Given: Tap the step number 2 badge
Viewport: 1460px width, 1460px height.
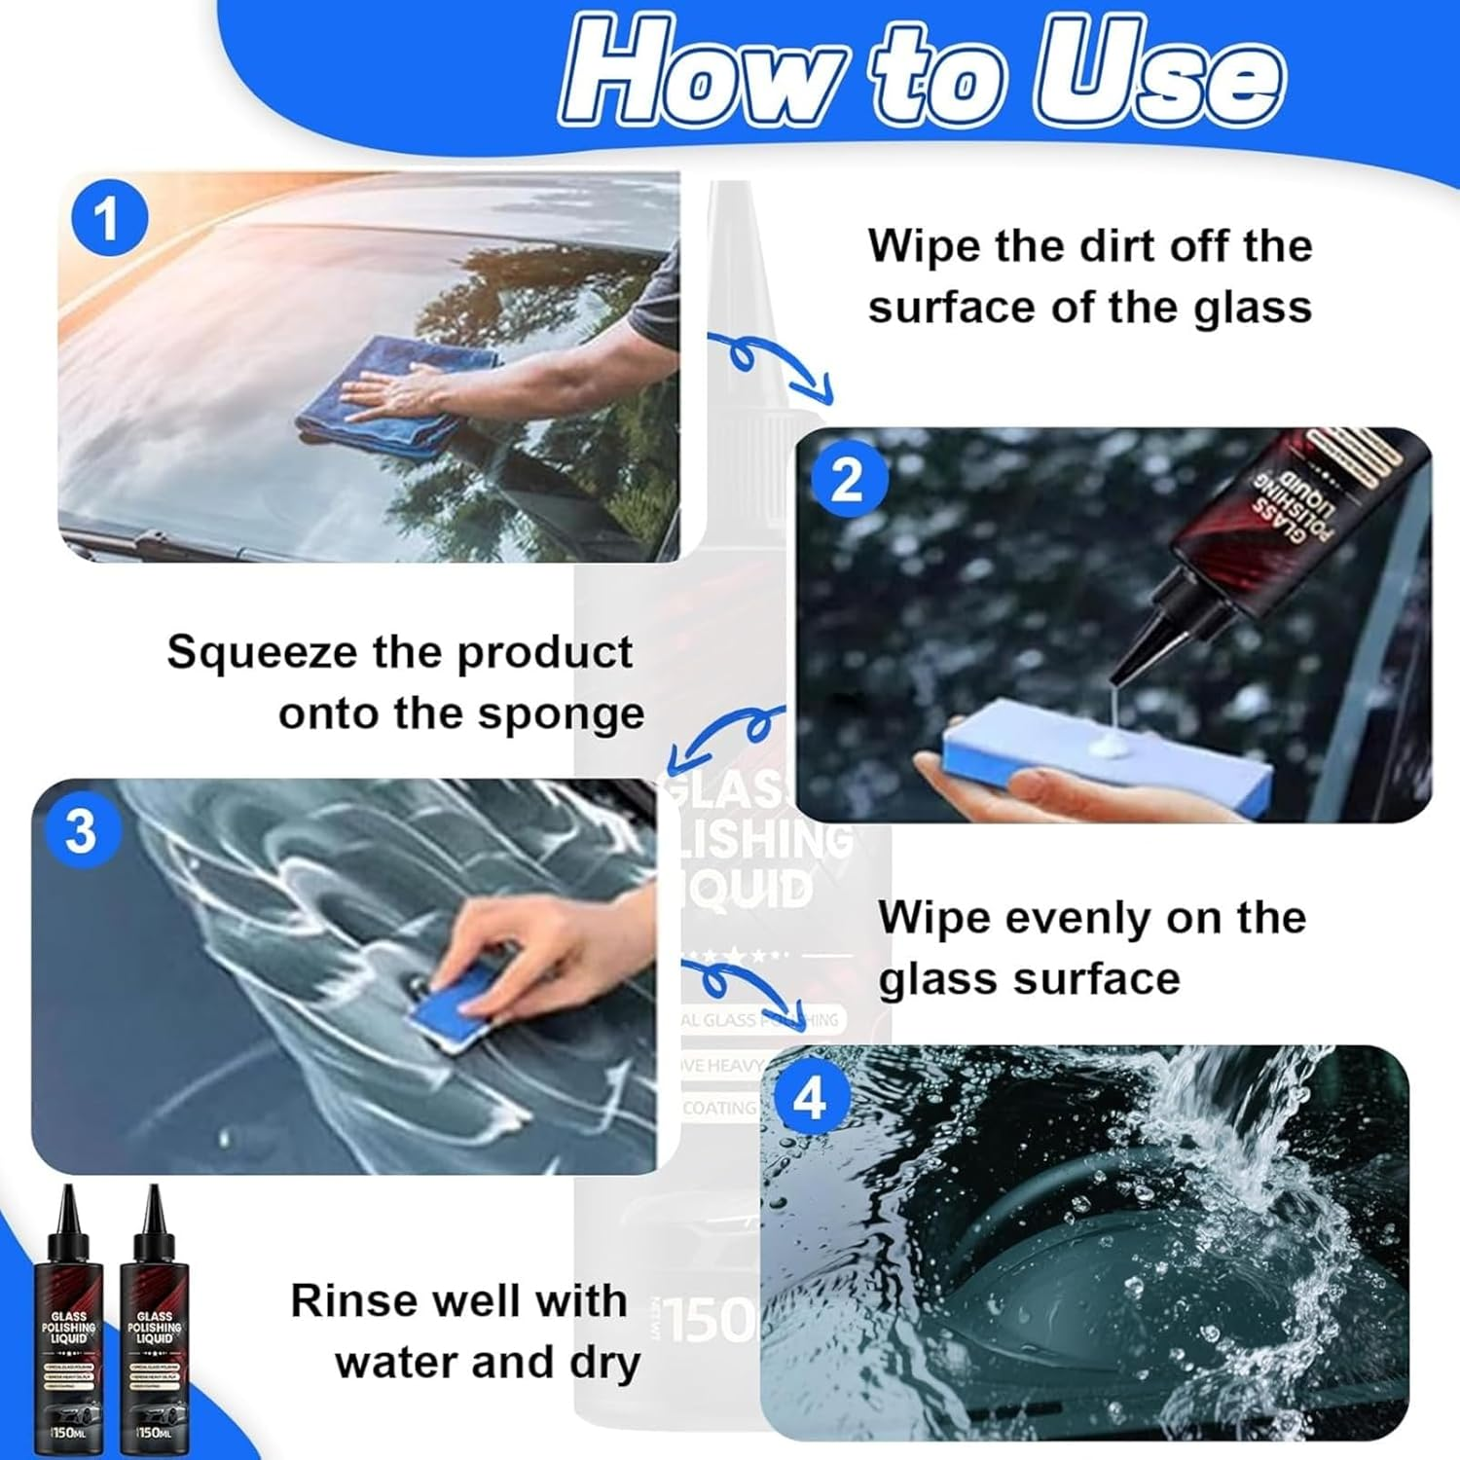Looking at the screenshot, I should pos(848,480).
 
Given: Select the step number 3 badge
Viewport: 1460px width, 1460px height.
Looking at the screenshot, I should pos(81,832).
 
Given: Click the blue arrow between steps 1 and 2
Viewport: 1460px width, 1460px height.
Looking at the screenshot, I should pos(769,365).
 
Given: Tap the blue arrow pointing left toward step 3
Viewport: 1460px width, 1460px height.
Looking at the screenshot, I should pos(725,735).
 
